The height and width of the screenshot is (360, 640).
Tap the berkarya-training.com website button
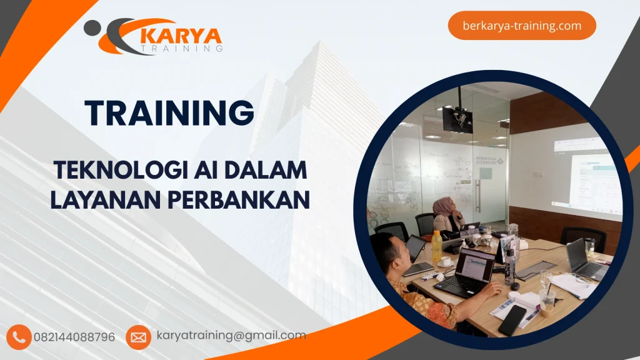(522, 26)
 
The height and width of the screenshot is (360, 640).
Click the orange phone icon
(19, 337)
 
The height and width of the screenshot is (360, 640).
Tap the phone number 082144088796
(74, 337)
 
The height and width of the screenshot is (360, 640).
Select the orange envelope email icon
(138, 337)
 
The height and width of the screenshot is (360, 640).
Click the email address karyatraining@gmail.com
(231, 336)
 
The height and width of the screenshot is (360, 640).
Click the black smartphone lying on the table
(512, 320)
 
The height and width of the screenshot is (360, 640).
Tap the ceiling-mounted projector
(458, 118)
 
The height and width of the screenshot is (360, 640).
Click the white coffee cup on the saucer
(446, 261)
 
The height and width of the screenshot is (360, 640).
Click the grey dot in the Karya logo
(92, 27)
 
